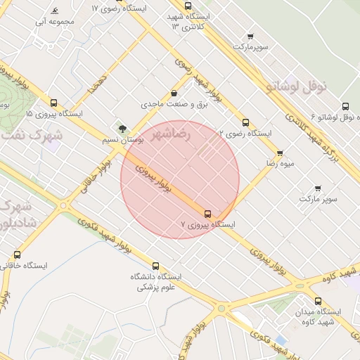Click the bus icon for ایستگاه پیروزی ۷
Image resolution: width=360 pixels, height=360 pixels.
tap(207, 213)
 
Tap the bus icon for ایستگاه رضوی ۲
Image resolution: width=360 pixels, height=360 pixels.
tap(245, 122)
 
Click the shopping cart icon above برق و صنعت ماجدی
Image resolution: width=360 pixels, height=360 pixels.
tap(174, 93)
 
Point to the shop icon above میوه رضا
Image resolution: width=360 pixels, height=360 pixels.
tap(280, 153)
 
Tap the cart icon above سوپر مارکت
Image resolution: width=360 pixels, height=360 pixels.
tap(318, 188)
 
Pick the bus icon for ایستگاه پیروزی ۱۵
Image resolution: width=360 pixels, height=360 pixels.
tap(53, 103)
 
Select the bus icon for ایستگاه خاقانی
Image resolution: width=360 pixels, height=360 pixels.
tap(18, 255)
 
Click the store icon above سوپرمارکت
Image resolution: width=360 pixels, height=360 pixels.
tap(250, 35)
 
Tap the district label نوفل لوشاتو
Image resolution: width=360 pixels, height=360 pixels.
tap(298, 86)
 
